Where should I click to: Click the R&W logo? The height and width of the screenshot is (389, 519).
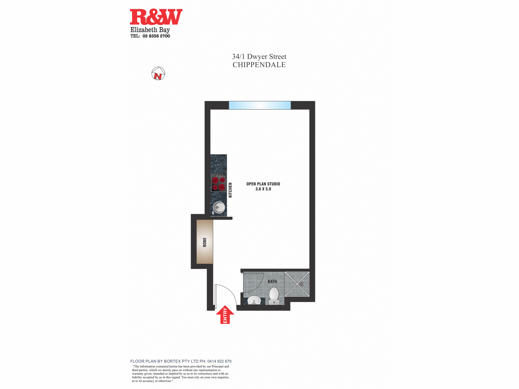[x=156, y=17]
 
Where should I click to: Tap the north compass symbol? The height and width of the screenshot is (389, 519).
[x=158, y=73]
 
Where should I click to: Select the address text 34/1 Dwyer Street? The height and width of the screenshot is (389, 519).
[x=259, y=57]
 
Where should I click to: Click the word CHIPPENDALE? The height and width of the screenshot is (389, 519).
[x=259, y=65]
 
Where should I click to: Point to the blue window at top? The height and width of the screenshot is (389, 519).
[x=260, y=105]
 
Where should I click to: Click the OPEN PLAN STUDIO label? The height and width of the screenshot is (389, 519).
[x=263, y=184]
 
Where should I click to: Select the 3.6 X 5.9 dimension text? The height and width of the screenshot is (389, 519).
[x=263, y=189]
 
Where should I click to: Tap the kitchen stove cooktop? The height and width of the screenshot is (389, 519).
[x=219, y=183]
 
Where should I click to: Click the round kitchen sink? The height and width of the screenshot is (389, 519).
[x=219, y=207]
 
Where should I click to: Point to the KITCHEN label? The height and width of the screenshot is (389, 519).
[x=230, y=190]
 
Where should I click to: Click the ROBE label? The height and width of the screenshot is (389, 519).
[x=205, y=242]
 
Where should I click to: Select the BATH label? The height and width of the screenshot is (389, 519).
[x=272, y=281]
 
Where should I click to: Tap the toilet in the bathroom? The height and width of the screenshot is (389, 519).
[x=274, y=296]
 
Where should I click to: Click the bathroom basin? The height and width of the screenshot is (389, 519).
[x=254, y=300]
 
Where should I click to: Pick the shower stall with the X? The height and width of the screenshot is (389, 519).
[x=297, y=284]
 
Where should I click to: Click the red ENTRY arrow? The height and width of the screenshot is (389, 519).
[x=225, y=315]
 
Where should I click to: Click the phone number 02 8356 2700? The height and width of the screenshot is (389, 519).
[x=156, y=36]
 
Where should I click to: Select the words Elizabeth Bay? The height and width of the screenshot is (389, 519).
[x=150, y=30]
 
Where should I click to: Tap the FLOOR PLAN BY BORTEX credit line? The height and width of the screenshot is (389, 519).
[x=181, y=361]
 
